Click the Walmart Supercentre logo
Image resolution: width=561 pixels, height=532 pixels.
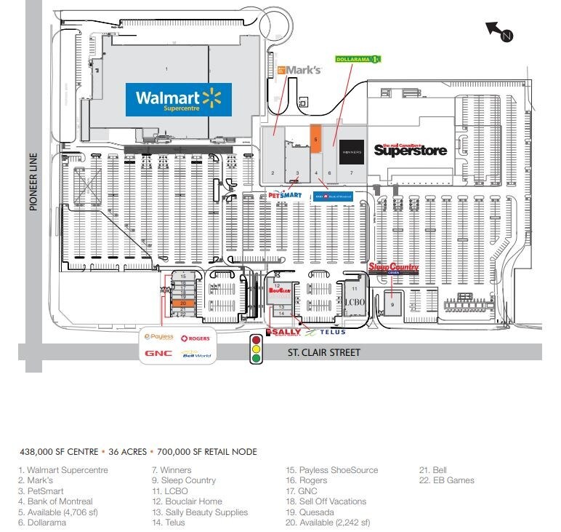point(179,100)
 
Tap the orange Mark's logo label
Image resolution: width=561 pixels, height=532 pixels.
point(299,70)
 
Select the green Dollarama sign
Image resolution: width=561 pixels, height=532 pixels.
point(358,59)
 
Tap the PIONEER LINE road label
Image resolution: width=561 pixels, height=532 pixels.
point(33,182)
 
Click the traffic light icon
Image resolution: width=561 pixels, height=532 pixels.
point(256,349)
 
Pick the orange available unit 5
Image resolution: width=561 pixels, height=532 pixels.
point(315,138)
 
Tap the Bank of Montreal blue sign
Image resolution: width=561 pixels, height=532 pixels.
point(333,195)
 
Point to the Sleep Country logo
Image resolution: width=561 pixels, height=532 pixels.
point(395,268)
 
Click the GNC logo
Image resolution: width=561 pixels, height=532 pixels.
point(158,354)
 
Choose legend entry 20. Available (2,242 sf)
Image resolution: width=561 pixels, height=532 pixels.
point(328,523)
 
